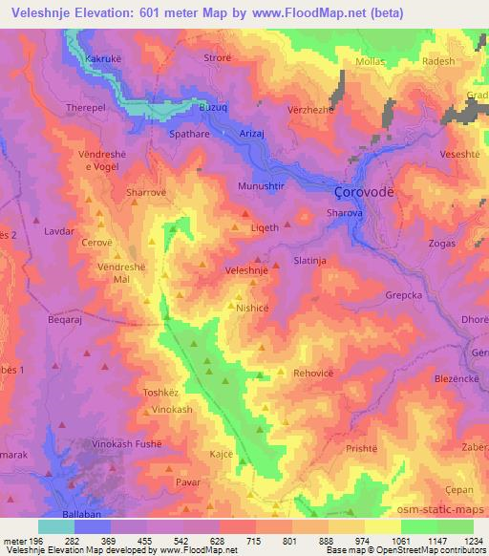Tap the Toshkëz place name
point(161,392)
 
